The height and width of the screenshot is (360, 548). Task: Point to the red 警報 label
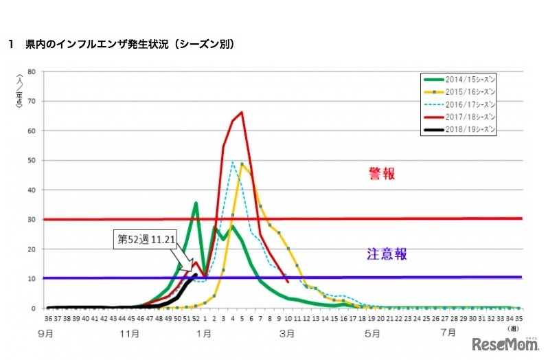click(382, 174)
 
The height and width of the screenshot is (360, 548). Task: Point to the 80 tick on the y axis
click(32, 71)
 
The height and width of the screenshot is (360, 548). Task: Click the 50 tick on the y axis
click(32, 160)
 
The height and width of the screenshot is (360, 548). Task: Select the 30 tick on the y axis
click(32, 219)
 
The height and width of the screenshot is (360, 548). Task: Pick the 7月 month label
click(448, 333)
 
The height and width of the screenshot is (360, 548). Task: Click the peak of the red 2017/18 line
click(241, 112)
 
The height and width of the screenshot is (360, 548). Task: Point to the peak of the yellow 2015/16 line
click(242, 164)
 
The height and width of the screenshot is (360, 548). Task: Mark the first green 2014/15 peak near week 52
click(196, 203)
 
